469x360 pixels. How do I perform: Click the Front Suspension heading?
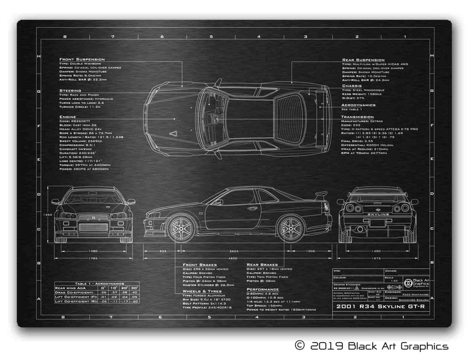81,59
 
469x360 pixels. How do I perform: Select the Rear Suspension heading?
363,59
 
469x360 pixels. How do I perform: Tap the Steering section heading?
70,90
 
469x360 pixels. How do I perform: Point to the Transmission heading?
359,116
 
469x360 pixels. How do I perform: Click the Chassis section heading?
351,85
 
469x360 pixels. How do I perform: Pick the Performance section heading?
263,289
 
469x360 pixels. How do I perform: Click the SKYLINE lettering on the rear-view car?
378,216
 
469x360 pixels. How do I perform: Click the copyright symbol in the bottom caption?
300,346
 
